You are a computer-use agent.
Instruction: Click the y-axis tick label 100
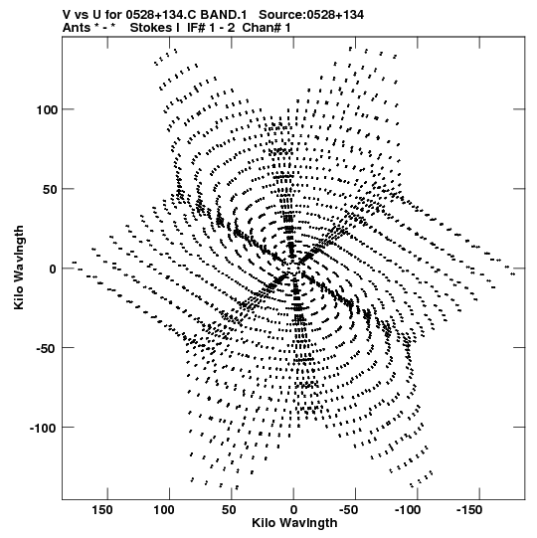(46, 109)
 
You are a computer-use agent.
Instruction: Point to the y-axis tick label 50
(49, 189)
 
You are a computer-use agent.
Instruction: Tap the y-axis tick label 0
(52, 269)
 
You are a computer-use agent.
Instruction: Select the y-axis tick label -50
(47, 348)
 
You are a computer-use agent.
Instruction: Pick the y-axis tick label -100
(43, 428)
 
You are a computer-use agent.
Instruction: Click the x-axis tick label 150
(101, 510)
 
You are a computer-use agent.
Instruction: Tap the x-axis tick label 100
(164, 510)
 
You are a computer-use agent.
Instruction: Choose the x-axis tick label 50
(229, 510)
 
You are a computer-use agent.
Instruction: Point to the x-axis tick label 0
(293, 510)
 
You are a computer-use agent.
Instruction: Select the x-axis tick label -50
(349, 510)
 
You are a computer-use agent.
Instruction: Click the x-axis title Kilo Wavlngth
(294, 523)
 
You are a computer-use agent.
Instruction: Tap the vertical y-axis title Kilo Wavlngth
(19, 268)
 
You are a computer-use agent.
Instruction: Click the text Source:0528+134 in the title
(311, 15)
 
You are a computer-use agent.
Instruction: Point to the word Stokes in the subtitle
(150, 28)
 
